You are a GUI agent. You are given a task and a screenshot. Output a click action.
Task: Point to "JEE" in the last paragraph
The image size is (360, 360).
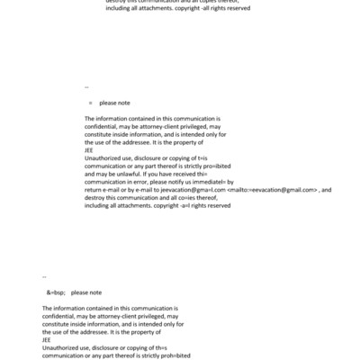[47, 340]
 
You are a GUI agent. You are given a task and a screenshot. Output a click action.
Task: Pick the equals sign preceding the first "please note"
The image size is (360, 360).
[90, 103]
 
